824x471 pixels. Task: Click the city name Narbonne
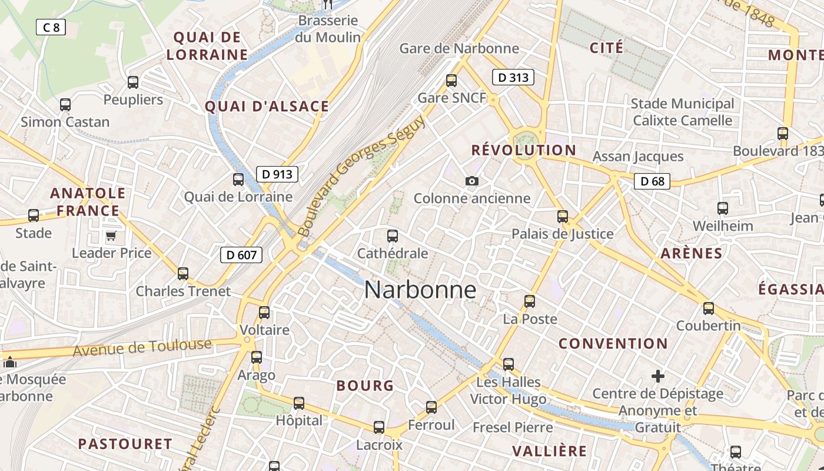click(x=420, y=290)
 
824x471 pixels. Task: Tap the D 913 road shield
click(x=277, y=174)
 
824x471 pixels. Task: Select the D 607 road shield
click(x=241, y=255)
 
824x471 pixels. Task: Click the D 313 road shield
click(x=513, y=77)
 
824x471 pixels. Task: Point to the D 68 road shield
click(x=652, y=181)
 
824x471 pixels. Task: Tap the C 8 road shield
click(x=51, y=27)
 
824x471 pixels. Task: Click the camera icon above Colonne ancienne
click(x=472, y=181)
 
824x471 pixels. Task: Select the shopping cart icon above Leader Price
click(x=111, y=236)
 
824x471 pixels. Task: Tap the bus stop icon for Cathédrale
click(x=393, y=236)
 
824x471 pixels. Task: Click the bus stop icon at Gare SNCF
click(x=451, y=80)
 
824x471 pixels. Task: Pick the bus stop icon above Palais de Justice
click(x=563, y=216)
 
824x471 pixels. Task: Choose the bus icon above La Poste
click(x=530, y=301)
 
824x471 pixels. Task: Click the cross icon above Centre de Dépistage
click(x=658, y=376)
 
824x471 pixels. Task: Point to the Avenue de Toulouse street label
click(x=142, y=347)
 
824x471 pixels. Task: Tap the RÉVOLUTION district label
click(x=523, y=150)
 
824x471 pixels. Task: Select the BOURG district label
click(x=365, y=386)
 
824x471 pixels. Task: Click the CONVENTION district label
click(x=613, y=343)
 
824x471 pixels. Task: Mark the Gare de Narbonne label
click(x=459, y=48)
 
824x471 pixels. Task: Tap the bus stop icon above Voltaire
click(x=264, y=312)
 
